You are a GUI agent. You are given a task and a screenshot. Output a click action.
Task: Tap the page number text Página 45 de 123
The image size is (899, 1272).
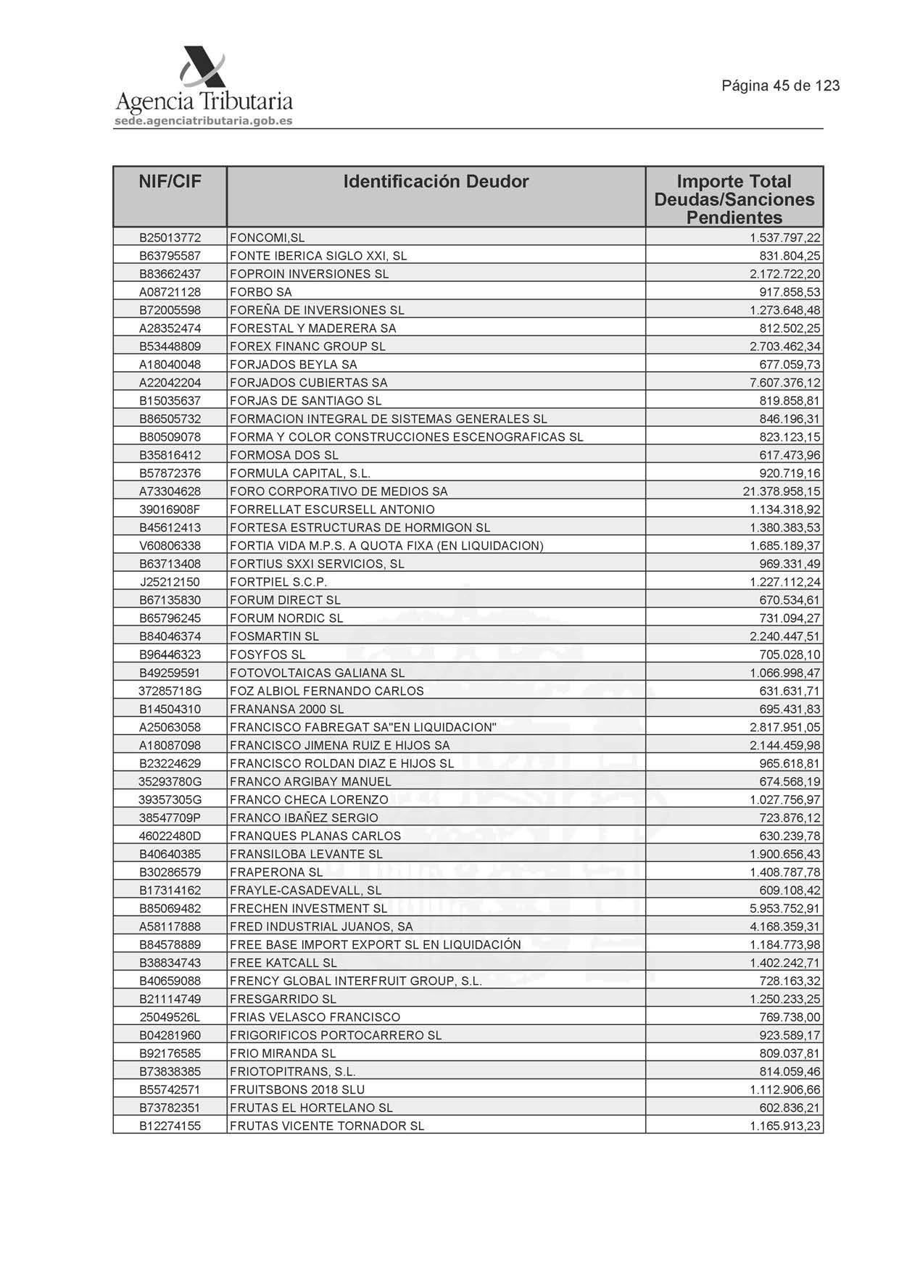coord(780,86)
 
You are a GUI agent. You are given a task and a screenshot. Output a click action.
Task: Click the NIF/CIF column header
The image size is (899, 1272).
coord(170,182)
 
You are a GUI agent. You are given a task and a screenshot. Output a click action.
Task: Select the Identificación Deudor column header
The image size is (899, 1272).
coord(436,182)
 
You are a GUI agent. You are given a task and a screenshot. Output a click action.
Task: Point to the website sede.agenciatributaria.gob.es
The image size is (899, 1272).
coord(204,121)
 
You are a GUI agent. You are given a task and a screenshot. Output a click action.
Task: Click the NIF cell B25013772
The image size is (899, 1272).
coord(170,238)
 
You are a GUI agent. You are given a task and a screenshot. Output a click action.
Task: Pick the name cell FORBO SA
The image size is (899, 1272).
coord(261,292)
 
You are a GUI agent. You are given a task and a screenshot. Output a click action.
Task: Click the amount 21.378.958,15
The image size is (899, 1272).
coord(781,491)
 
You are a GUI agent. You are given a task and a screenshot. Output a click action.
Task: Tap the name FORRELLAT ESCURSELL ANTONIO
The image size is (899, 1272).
coord(332,510)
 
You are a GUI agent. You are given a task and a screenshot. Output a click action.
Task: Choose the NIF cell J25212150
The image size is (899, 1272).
coord(170,582)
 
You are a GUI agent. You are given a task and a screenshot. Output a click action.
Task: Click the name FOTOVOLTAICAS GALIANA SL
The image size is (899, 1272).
coord(317,673)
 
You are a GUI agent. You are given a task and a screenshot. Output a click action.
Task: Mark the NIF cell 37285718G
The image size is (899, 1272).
coord(170,691)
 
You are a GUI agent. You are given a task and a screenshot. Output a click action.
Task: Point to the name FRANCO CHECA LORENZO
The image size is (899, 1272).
coord(309,799)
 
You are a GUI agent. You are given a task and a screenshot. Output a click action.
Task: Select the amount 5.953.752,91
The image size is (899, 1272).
coord(784,908)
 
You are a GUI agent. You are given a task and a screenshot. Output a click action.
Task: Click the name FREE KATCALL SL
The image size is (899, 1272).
coord(283,963)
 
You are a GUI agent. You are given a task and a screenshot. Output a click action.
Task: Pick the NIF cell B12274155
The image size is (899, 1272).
coord(170,1126)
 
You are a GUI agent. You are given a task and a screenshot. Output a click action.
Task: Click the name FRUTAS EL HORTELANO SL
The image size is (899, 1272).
coord(311,1107)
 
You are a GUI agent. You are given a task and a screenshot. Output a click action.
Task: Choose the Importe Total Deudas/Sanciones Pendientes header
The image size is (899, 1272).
coord(734,199)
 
